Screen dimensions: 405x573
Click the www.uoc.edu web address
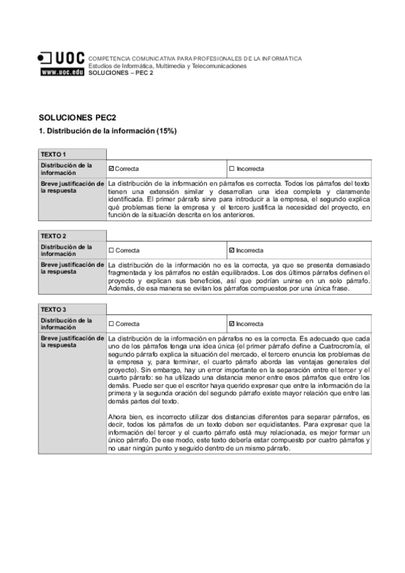click(x=62, y=72)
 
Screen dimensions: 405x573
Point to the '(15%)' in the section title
click(x=166, y=130)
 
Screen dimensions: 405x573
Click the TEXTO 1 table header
click(x=53, y=154)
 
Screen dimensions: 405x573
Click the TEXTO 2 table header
click(x=53, y=236)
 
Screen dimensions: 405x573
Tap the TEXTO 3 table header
click(x=53, y=309)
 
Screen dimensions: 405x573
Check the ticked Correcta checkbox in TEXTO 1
click(x=111, y=168)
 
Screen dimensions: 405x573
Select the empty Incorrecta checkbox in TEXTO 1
click(x=231, y=168)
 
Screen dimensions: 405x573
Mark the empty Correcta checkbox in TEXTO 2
click(x=111, y=250)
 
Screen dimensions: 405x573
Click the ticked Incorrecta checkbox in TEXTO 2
click(x=231, y=250)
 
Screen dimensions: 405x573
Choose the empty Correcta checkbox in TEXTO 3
click(x=111, y=324)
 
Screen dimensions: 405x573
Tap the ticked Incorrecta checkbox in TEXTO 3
click(x=231, y=324)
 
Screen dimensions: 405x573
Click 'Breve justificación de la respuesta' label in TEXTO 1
click(x=72, y=186)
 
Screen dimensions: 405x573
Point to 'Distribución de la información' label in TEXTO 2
click(x=66, y=250)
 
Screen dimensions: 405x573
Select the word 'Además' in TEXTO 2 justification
click(x=119, y=289)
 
